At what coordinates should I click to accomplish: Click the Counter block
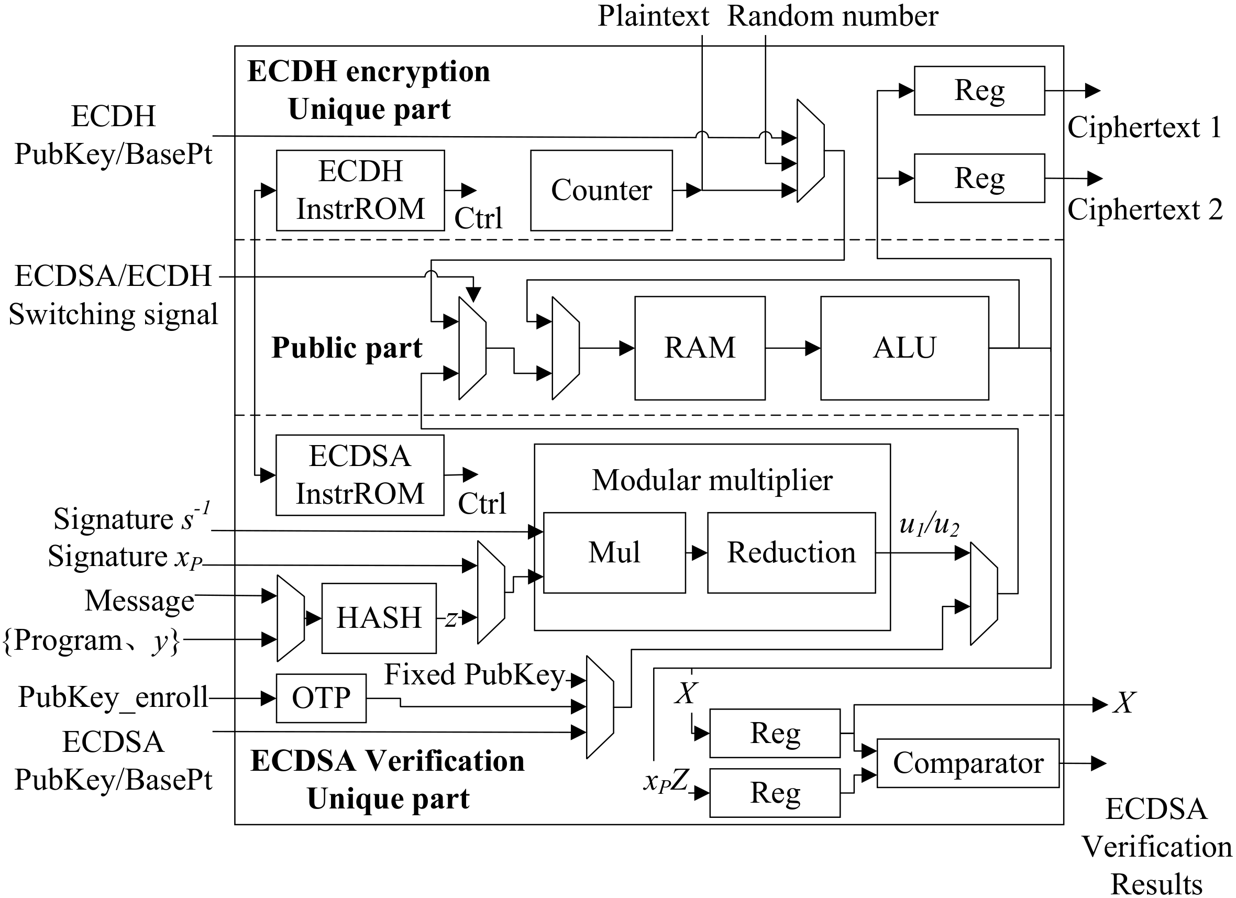point(601,190)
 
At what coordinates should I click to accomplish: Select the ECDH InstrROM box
point(360,190)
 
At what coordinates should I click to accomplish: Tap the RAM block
point(700,348)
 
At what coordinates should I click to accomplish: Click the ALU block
point(904,348)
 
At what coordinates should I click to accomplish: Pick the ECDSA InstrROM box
point(360,474)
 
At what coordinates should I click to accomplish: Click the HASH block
point(379,618)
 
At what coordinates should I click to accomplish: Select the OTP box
point(321,698)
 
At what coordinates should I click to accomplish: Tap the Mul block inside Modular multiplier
point(614,552)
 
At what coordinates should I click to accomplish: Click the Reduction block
point(791,552)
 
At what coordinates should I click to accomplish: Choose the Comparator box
point(968,763)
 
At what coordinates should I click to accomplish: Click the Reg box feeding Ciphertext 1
point(979,91)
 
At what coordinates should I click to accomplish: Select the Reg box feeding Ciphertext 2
point(979,178)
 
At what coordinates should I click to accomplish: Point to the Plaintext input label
point(653,16)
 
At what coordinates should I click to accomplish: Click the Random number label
point(833,16)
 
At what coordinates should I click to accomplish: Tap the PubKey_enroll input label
point(113,697)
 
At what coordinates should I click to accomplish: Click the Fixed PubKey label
point(474,674)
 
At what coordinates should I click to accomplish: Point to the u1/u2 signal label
point(929,524)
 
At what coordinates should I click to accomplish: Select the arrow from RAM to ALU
point(793,348)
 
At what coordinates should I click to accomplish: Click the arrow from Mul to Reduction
point(697,553)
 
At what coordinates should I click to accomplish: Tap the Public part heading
point(347,348)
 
